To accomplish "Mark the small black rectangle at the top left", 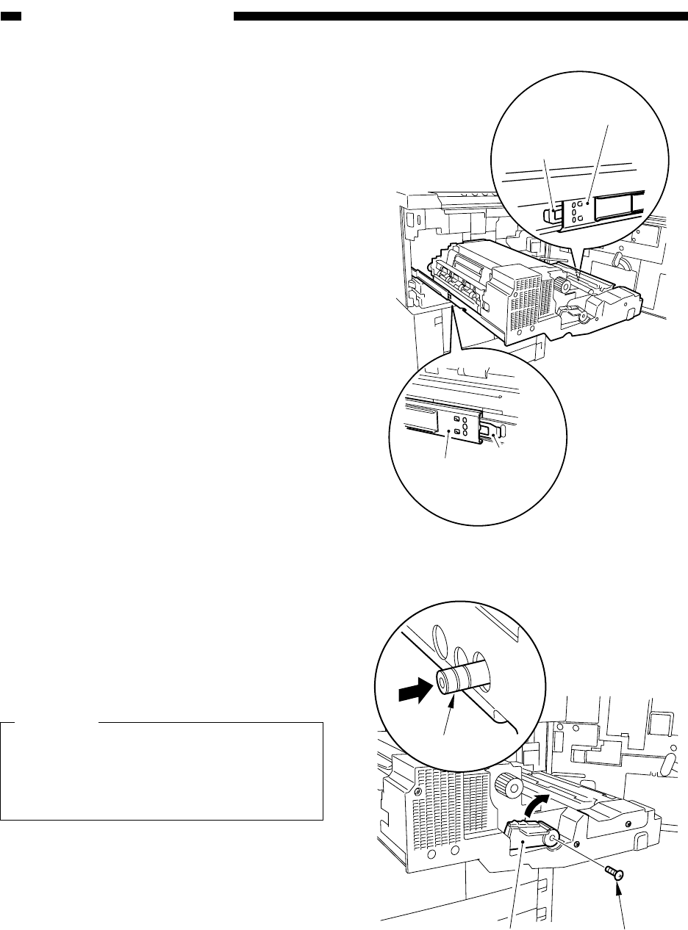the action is pos(12,16).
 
